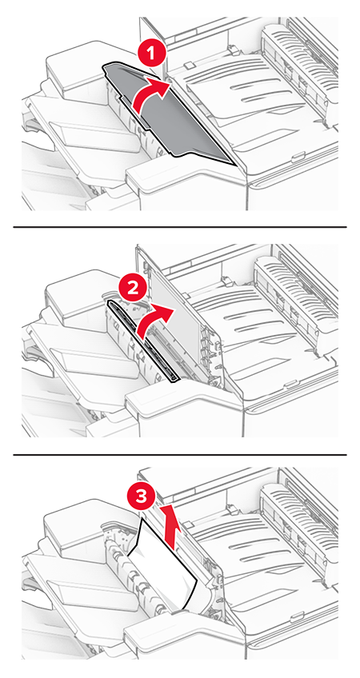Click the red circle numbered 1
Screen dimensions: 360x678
[150, 54]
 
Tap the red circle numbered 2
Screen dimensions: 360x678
[133, 288]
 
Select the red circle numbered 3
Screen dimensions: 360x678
[141, 497]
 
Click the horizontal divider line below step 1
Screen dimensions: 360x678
[179, 226]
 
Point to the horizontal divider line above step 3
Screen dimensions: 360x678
[179, 454]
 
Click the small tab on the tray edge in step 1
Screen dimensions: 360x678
[298, 157]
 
